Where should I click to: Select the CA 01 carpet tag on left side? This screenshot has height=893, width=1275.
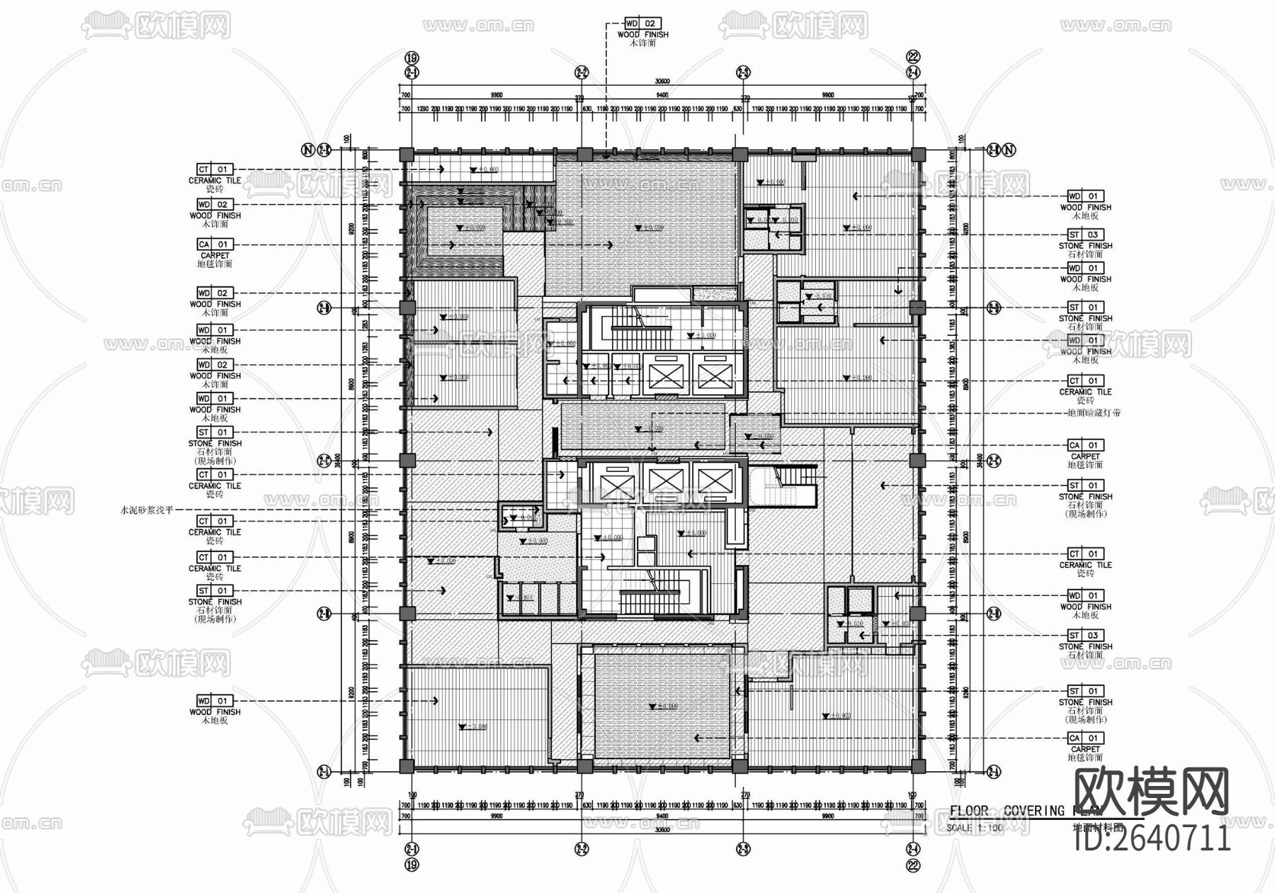click(215, 245)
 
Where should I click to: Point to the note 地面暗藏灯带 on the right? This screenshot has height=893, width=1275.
click(1094, 412)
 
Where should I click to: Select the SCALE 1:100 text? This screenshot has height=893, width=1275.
click(975, 828)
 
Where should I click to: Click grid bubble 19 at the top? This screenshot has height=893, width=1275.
click(412, 58)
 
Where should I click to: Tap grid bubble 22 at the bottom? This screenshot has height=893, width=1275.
click(914, 865)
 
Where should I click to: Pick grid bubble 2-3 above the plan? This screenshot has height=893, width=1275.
click(743, 72)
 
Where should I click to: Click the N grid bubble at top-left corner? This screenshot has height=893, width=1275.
click(307, 150)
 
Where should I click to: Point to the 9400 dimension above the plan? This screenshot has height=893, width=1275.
click(662, 95)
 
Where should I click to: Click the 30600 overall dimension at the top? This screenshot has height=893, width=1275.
click(662, 82)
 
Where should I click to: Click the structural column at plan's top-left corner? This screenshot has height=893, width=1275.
click(407, 155)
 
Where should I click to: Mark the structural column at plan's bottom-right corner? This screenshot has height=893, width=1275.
click(917, 765)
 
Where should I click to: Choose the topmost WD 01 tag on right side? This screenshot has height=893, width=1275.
click(1085, 196)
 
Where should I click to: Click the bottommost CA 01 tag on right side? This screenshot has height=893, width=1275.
click(1085, 738)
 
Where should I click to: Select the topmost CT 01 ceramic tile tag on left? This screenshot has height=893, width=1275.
click(215, 169)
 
